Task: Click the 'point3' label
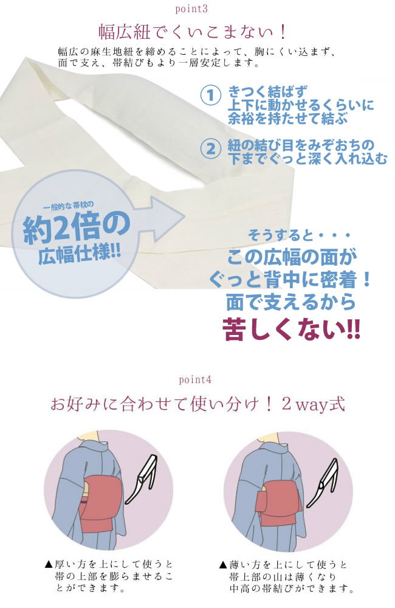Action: click(x=191, y=9)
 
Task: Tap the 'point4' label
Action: click(x=195, y=379)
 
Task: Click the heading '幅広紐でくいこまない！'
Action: click(x=193, y=32)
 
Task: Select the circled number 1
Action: click(x=210, y=95)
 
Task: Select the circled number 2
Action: click(x=210, y=148)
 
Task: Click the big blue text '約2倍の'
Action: click(x=77, y=228)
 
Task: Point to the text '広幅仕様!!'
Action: click(x=80, y=254)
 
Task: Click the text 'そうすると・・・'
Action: click(x=299, y=235)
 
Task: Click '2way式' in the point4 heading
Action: click(x=313, y=404)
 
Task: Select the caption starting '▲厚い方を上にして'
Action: click(x=109, y=576)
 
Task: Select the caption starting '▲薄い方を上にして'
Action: click(x=286, y=576)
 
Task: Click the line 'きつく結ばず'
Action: click(x=267, y=92)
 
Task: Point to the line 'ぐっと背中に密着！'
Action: click(x=290, y=279)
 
